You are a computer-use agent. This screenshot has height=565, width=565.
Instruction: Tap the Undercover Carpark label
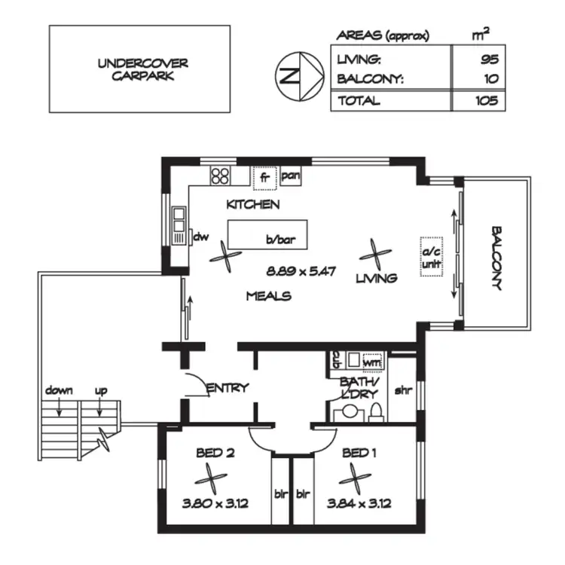tap(139, 69)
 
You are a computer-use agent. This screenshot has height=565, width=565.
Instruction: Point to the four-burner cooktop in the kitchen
tap(220, 176)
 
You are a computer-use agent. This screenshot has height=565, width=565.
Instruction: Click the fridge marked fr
tap(264, 178)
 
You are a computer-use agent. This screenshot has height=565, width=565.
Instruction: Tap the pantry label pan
tap(292, 176)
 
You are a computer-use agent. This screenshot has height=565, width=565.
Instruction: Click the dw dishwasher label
tap(200, 237)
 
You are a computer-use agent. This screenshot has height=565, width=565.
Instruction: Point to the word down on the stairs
tap(59, 390)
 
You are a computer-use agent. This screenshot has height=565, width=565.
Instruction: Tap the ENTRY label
tap(228, 388)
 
